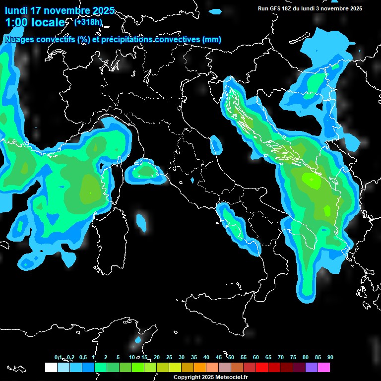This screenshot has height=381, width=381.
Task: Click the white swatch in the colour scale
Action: pos(51,368)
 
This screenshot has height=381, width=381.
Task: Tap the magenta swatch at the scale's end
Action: pos(324,368)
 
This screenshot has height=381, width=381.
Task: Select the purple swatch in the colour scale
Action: pos(312,368)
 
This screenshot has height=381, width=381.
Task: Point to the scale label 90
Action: pos(330,357)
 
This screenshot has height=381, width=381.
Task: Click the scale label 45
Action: pos(219,357)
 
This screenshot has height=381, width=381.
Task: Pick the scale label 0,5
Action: pos(82,357)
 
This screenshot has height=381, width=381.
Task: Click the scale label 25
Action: pos(169,357)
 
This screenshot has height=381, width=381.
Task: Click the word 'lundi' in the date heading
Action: pos(17,10)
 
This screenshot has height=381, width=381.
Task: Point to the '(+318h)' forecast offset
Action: pos(88,22)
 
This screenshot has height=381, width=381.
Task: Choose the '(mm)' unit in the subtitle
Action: pos(211,40)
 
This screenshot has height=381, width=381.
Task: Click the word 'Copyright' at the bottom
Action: pos(187,378)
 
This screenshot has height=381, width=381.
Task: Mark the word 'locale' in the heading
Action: pos(48,22)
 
